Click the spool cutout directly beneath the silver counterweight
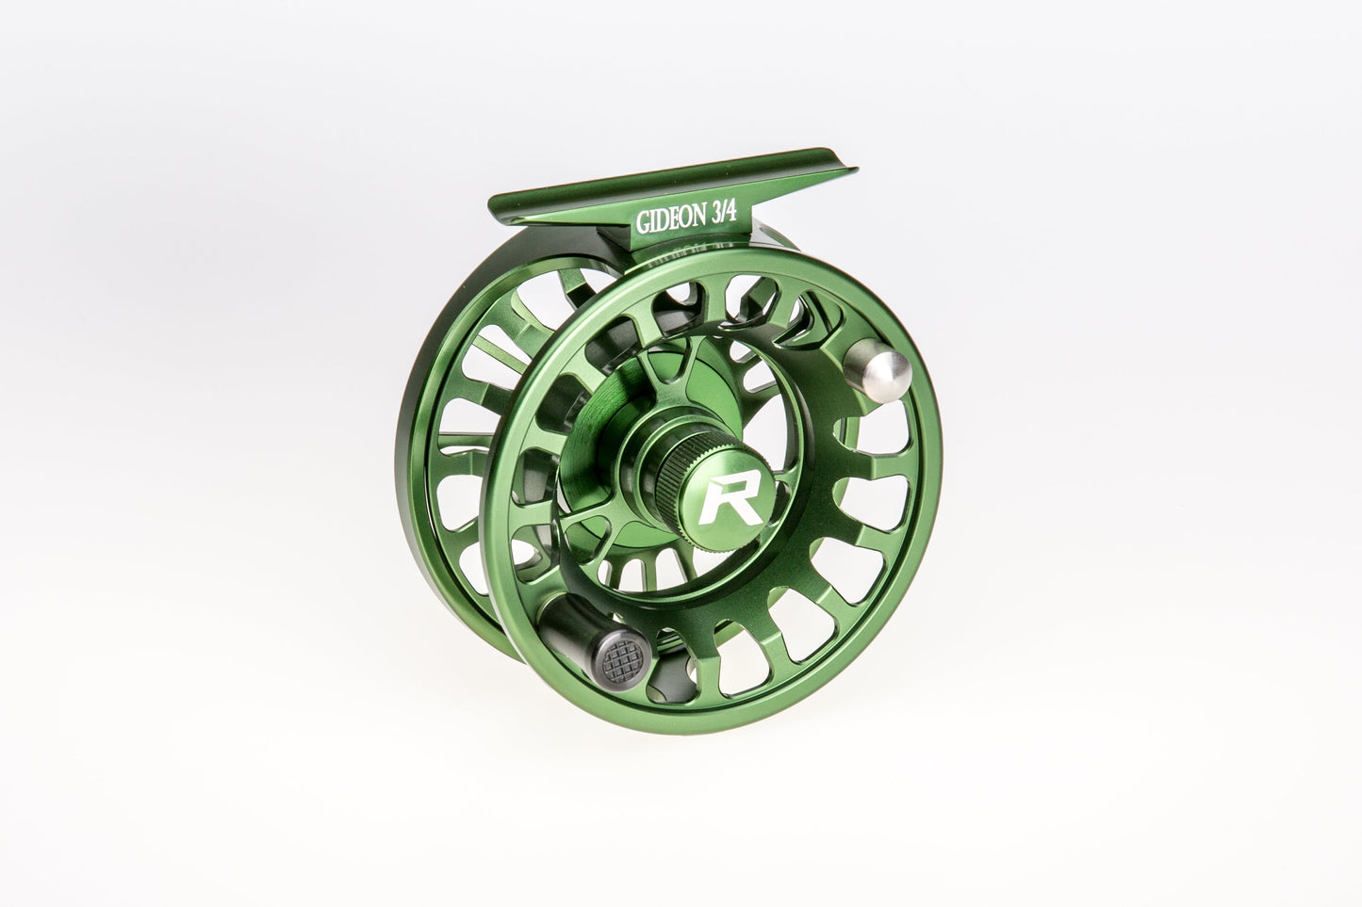tap(862, 424)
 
